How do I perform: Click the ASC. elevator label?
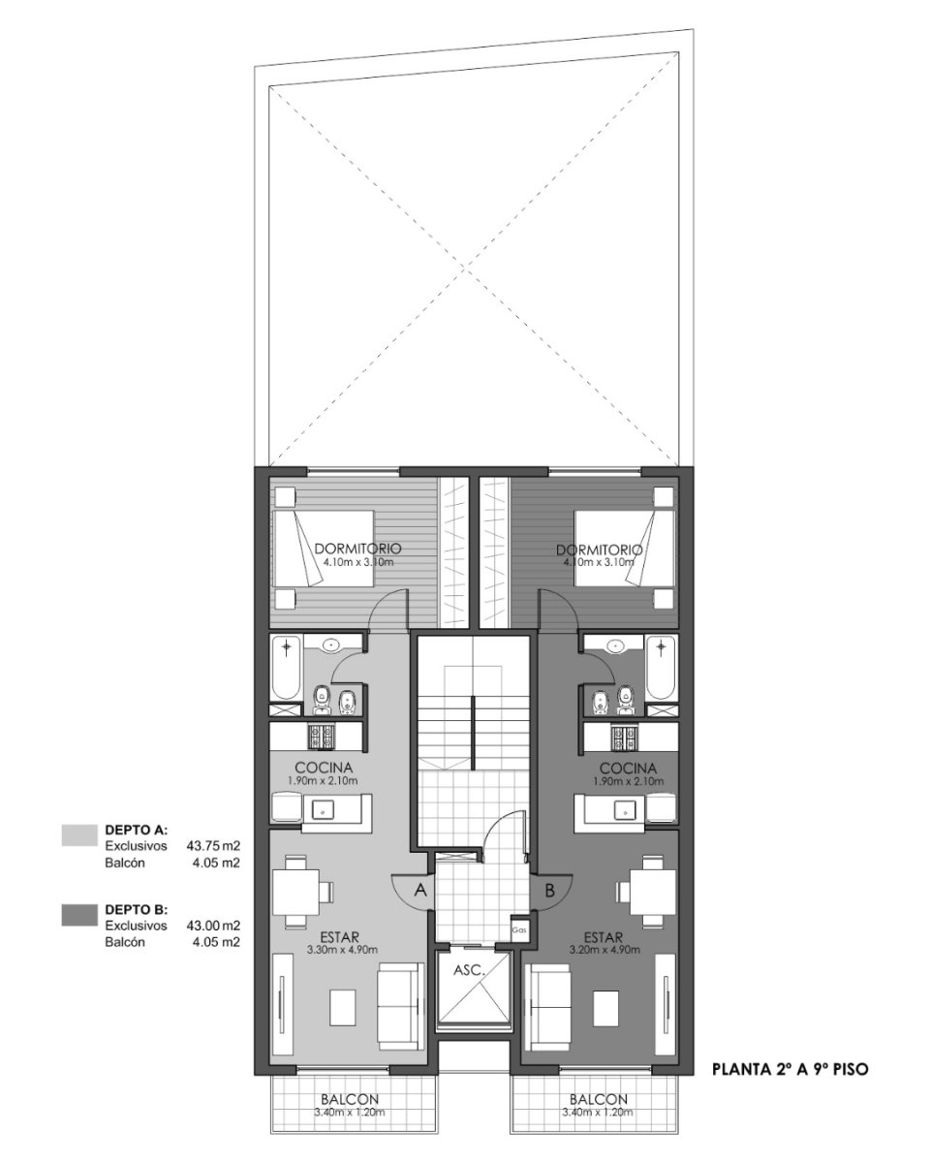click(x=468, y=969)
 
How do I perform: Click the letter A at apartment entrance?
click(x=419, y=890)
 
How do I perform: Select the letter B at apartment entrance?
click(x=549, y=890)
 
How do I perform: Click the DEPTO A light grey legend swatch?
click(x=79, y=835)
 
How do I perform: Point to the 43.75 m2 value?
click(x=213, y=845)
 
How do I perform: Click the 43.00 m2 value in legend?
click(x=213, y=926)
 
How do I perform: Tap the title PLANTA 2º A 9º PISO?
click(x=790, y=1069)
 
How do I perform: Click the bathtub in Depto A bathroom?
click(x=286, y=668)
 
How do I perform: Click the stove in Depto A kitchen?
click(x=322, y=736)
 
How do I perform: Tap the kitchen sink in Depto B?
click(x=625, y=809)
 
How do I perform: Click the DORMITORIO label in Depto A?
click(x=357, y=549)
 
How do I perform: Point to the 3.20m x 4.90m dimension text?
click(x=604, y=950)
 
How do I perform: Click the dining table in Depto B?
click(x=653, y=892)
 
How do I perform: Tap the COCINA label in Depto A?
click(x=324, y=768)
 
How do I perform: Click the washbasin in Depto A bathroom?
click(x=329, y=644)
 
